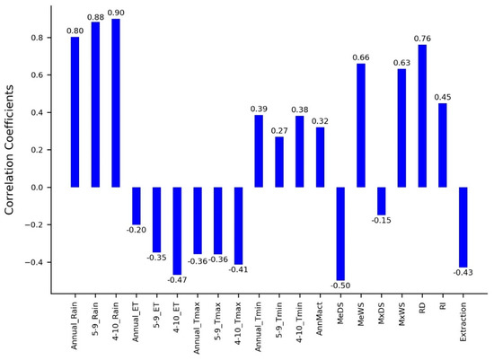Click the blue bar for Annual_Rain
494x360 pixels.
(75, 112)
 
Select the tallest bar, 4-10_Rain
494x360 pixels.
(116, 103)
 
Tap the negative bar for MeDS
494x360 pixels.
(340, 233)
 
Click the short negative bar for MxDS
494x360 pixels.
(381, 201)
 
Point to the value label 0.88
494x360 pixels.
(96, 17)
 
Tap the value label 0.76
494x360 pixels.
(422, 39)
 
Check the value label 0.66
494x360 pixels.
(361, 57)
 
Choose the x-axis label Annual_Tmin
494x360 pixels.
(260, 327)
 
